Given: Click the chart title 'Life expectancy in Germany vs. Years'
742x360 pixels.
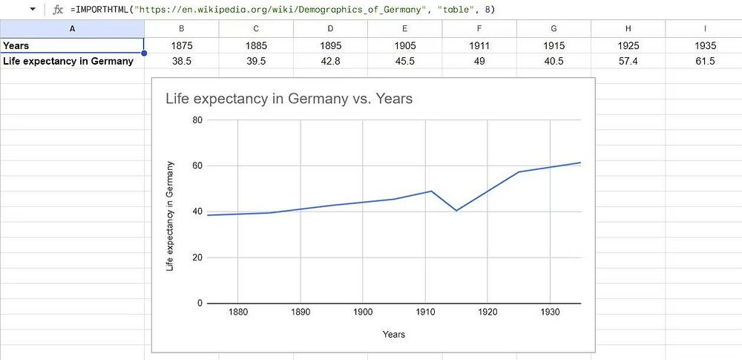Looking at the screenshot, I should coord(289,99).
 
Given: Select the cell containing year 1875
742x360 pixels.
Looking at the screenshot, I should coord(181,45).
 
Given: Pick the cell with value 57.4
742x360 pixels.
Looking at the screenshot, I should coord(628,61).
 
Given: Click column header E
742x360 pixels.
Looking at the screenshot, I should coord(404,27).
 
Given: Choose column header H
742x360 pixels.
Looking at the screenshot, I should coord(628,27).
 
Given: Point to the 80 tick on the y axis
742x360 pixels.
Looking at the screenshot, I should coord(197,120).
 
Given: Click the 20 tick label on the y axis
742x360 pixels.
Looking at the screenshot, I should coord(197,258).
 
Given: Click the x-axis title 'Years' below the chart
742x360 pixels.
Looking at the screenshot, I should coord(394,335).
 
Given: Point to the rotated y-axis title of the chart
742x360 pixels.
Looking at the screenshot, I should coord(170,215).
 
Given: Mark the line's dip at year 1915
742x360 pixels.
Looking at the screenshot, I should coord(456,211).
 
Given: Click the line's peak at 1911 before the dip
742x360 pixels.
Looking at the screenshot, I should coord(431,191).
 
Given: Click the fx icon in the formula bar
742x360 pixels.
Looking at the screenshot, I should coord(58,10).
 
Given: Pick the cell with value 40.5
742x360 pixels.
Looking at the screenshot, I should coord(554,61).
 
